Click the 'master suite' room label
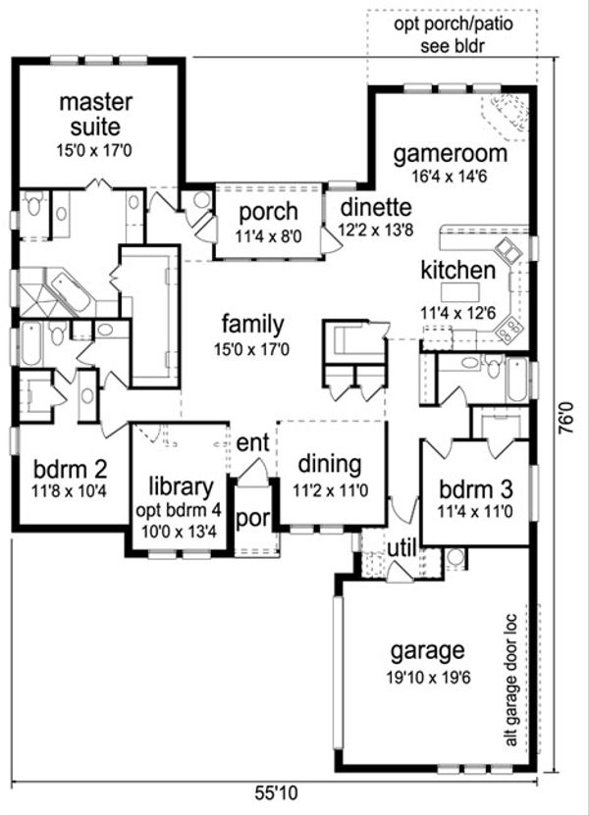tap(89, 114)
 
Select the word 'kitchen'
tap(456, 270)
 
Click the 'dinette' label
tap(375, 208)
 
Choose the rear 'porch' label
tap(268, 212)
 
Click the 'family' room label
tap(252, 325)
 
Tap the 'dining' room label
tap(329, 464)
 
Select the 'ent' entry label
tap(252, 443)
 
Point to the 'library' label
tap(181, 485)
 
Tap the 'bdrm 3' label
tap(474, 487)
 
